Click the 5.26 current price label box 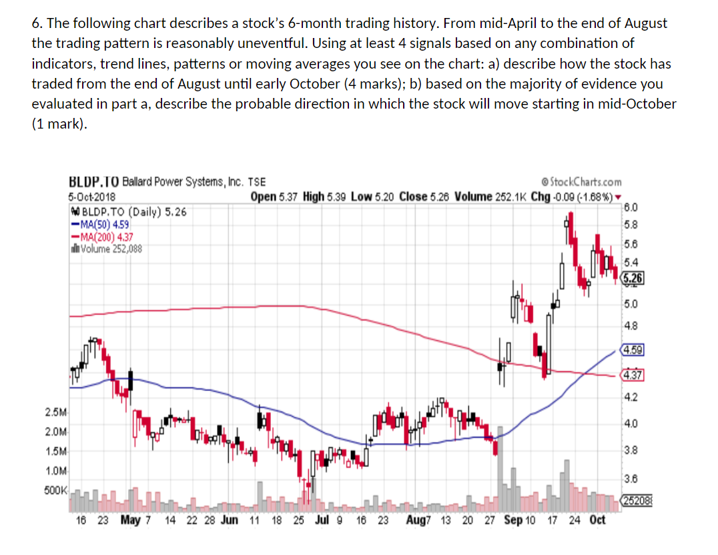coord(631,278)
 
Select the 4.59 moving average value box coord(631,349)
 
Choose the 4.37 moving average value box coord(631,375)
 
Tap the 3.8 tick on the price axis coord(631,450)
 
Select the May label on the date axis coord(130,520)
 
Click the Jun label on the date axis coord(228,520)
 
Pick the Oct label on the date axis coord(597,520)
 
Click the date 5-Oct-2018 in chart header coord(91,197)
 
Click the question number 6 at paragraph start coord(36,23)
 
